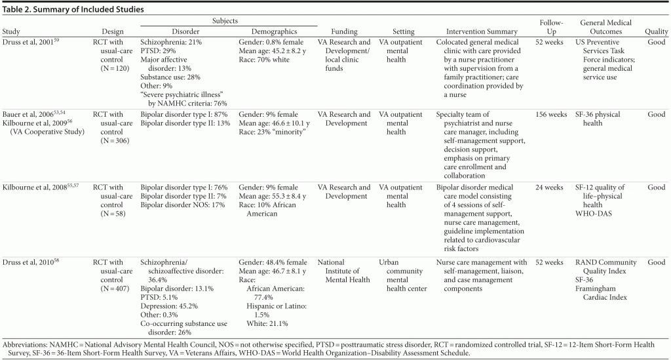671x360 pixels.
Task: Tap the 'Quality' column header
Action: (x=656, y=31)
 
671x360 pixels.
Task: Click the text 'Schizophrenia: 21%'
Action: (x=170, y=42)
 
